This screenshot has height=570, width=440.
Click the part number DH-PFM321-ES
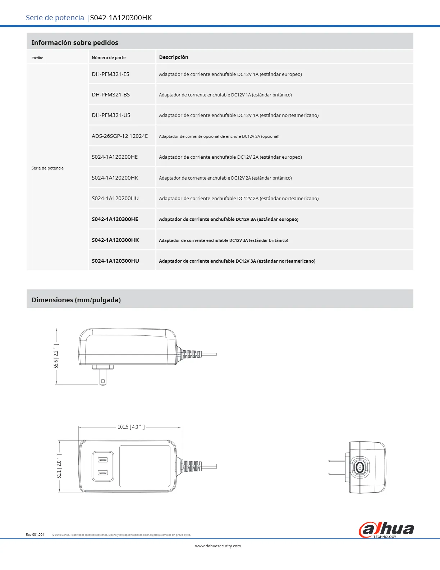(x=110, y=74)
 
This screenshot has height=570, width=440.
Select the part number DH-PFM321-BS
(x=111, y=95)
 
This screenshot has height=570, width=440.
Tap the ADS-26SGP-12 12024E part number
(x=120, y=136)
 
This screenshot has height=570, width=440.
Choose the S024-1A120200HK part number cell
(x=115, y=178)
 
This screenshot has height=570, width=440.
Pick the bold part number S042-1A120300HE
(x=115, y=219)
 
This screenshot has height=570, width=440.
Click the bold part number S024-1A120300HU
(x=115, y=261)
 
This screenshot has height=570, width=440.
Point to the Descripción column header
(x=174, y=57)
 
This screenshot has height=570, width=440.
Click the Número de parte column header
(x=109, y=58)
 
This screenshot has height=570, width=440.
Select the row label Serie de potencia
(x=47, y=168)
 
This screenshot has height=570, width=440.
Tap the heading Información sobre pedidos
(x=75, y=42)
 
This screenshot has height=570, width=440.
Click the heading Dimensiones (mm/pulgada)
(x=76, y=300)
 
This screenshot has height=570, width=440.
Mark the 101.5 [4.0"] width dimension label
(x=131, y=427)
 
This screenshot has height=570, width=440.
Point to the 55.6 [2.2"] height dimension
(x=56, y=356)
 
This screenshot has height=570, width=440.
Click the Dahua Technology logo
(x=386, y=530)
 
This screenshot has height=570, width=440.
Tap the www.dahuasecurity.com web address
(x=218, y=546)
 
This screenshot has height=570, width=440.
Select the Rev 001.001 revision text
(x=35, y=535)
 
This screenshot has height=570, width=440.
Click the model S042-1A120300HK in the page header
(x=121, y=18)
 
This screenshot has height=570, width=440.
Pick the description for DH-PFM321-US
(x=239, y=116)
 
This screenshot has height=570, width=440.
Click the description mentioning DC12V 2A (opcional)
(x=219, y=136)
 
